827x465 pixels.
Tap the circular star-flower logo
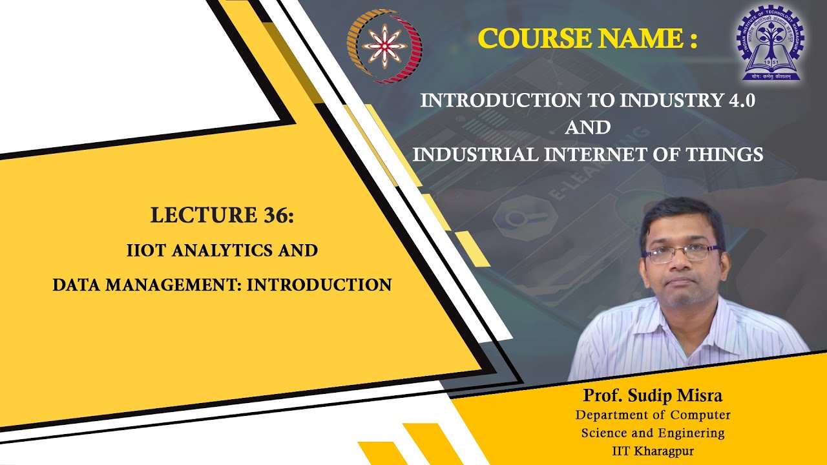pos(384,46)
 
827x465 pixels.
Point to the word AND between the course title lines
pos(587,127)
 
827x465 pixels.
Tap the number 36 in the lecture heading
pos(277,215)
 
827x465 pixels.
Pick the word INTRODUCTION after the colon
pos(319,285)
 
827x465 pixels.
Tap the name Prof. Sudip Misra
pos(653,395)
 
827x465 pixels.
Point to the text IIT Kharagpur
pos(653,451)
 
